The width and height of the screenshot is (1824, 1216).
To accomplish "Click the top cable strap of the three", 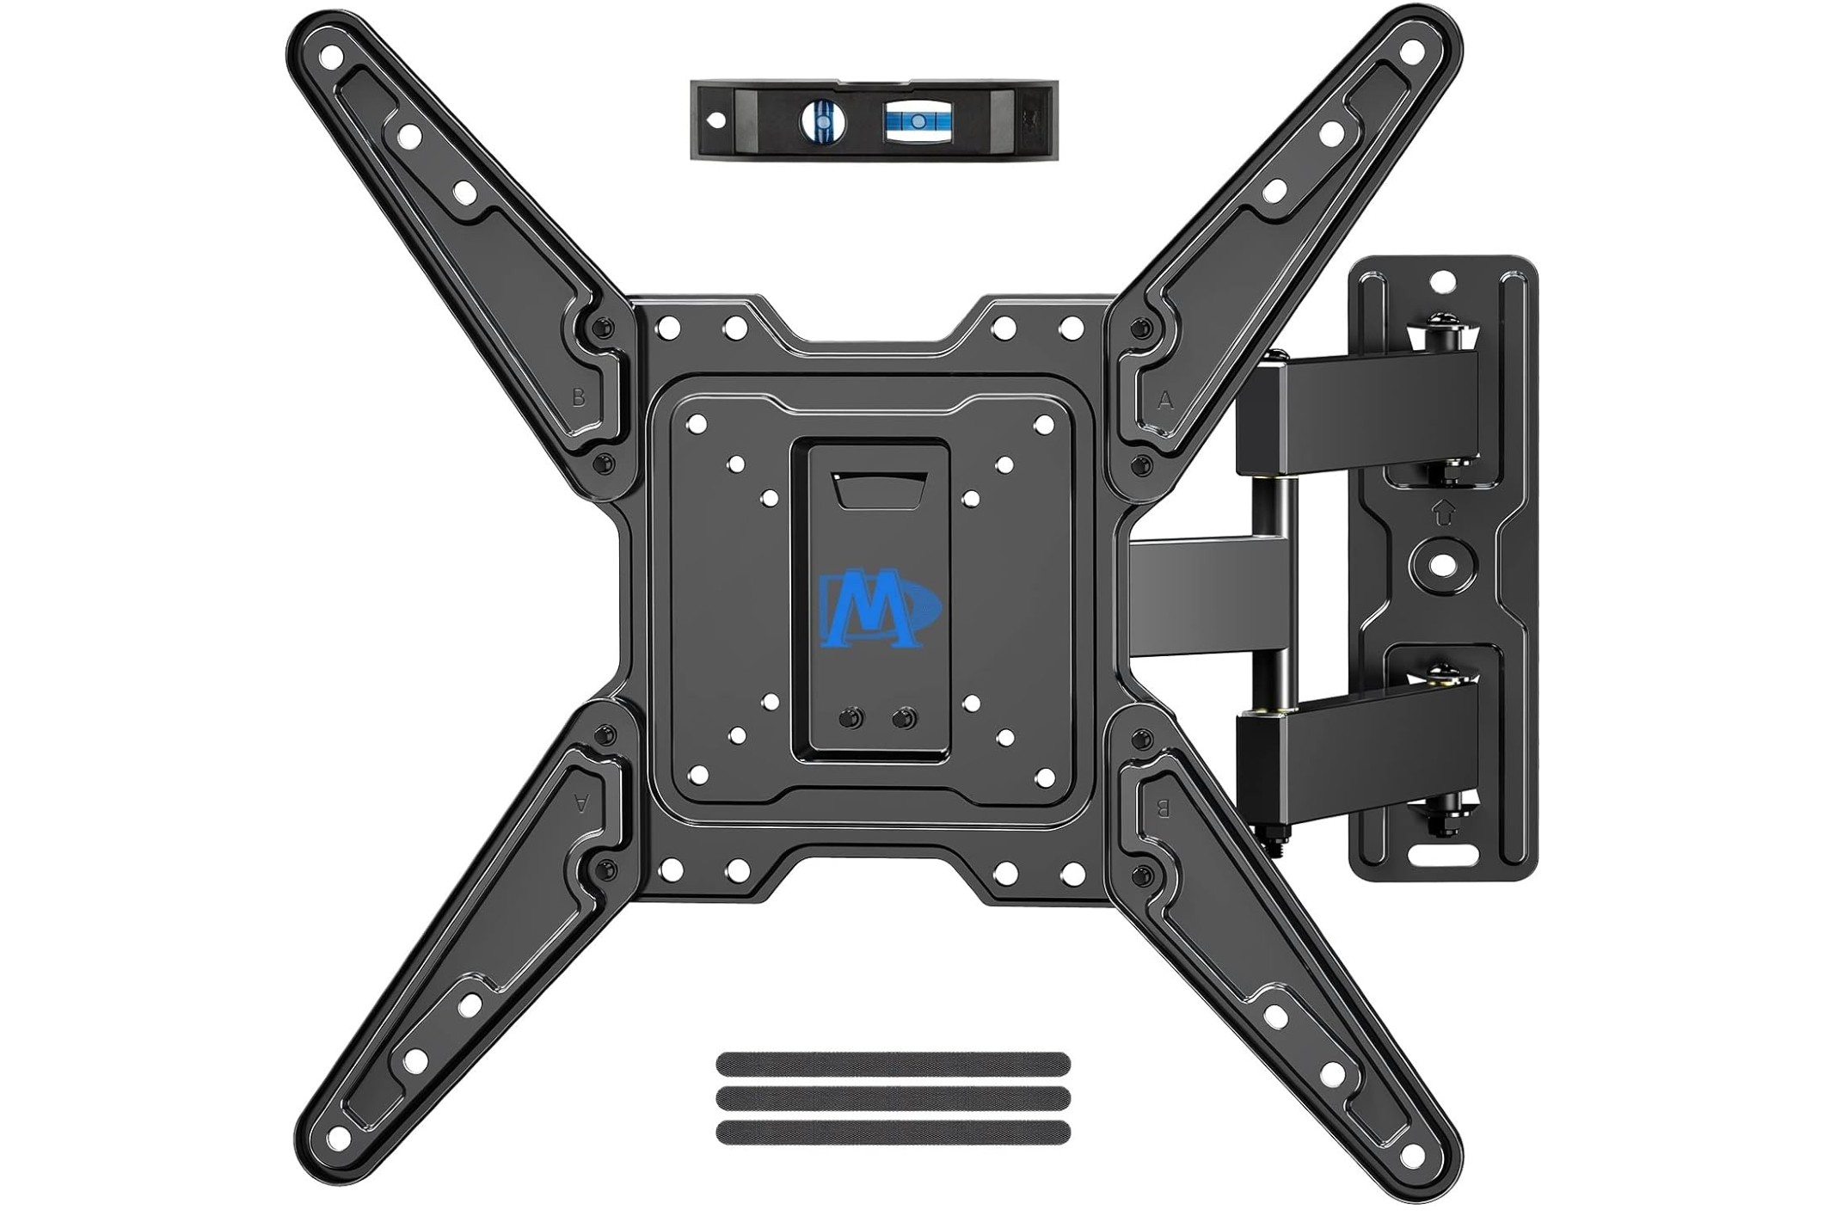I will (x=893, y=1065).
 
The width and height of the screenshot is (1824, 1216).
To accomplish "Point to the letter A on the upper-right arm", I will (x=1165, y=400).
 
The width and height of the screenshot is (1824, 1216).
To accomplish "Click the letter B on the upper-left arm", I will (x=579, y=398).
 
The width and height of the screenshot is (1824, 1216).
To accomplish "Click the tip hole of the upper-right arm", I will (x=1409, y=54).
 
